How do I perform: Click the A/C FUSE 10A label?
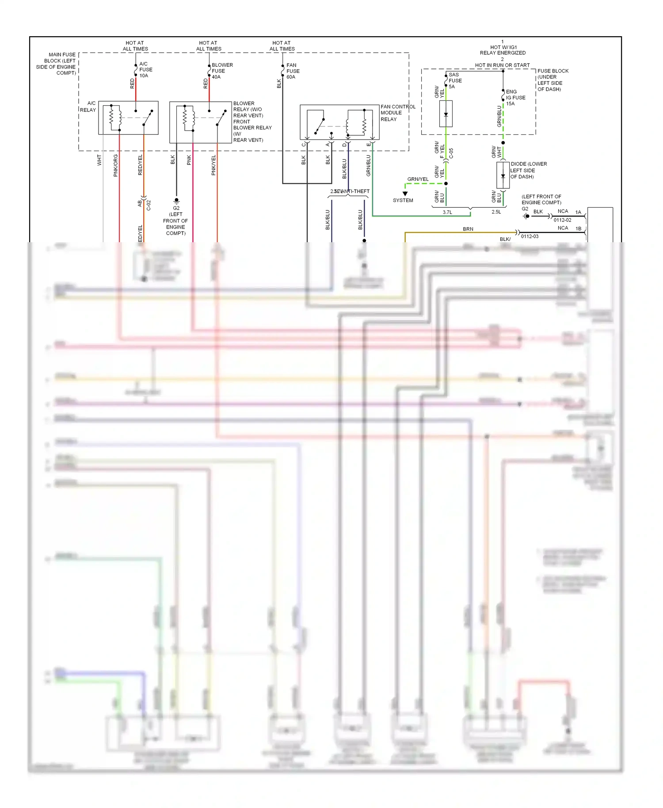tap(145, 70)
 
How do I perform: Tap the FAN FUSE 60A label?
tap(293, 71)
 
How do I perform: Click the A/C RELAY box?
tap(128, 118)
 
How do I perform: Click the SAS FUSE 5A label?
tap(455, 80)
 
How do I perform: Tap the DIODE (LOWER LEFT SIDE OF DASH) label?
tap(528, 170)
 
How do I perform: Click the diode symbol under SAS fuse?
tap(446, 114)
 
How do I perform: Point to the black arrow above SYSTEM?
tap(405, 194)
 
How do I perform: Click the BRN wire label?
tap(468, 229)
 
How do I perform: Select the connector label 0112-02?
tap(562, 220)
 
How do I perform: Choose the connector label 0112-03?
tap(530, 236)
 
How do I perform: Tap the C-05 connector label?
tap(451, 153)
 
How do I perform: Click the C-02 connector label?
tap(149, 205)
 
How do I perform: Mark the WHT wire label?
tap(99, 160)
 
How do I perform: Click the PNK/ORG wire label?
tap(116, 165)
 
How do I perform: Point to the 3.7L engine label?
tap(447, 212)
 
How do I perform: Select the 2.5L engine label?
tap(496, 212)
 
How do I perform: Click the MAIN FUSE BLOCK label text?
tap(57, 64)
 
